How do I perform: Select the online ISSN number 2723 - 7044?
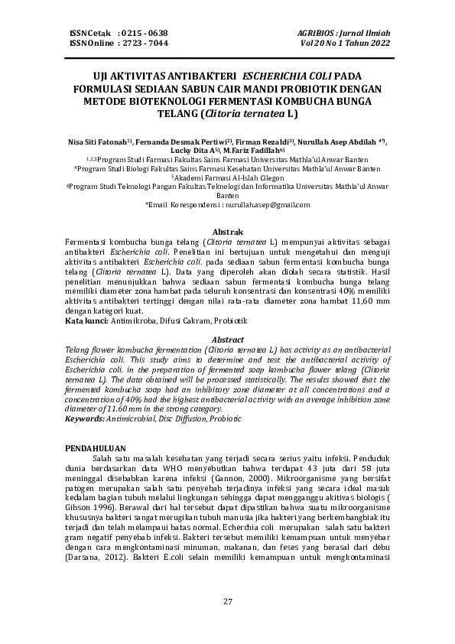coord(145,44)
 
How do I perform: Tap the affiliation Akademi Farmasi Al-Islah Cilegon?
coord(228,175)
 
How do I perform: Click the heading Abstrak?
coord(227,232)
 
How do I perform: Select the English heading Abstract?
coord(227,340)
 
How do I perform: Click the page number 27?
coord(227,601)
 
